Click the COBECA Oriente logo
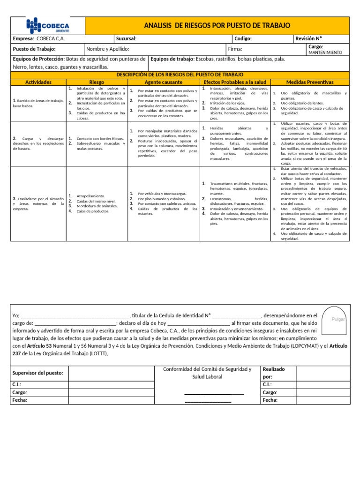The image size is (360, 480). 48,25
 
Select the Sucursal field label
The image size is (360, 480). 126,39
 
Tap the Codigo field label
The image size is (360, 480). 243,39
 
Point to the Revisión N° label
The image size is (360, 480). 309,39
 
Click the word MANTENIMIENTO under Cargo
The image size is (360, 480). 325,52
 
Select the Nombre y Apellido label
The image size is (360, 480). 108,49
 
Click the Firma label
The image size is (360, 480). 234,49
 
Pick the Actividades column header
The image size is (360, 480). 38,82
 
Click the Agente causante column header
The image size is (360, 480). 164,82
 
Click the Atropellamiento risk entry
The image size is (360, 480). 91,196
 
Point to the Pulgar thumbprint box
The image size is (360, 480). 338,319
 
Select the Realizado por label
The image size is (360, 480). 273,373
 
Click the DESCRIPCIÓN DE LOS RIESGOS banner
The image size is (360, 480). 180,75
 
